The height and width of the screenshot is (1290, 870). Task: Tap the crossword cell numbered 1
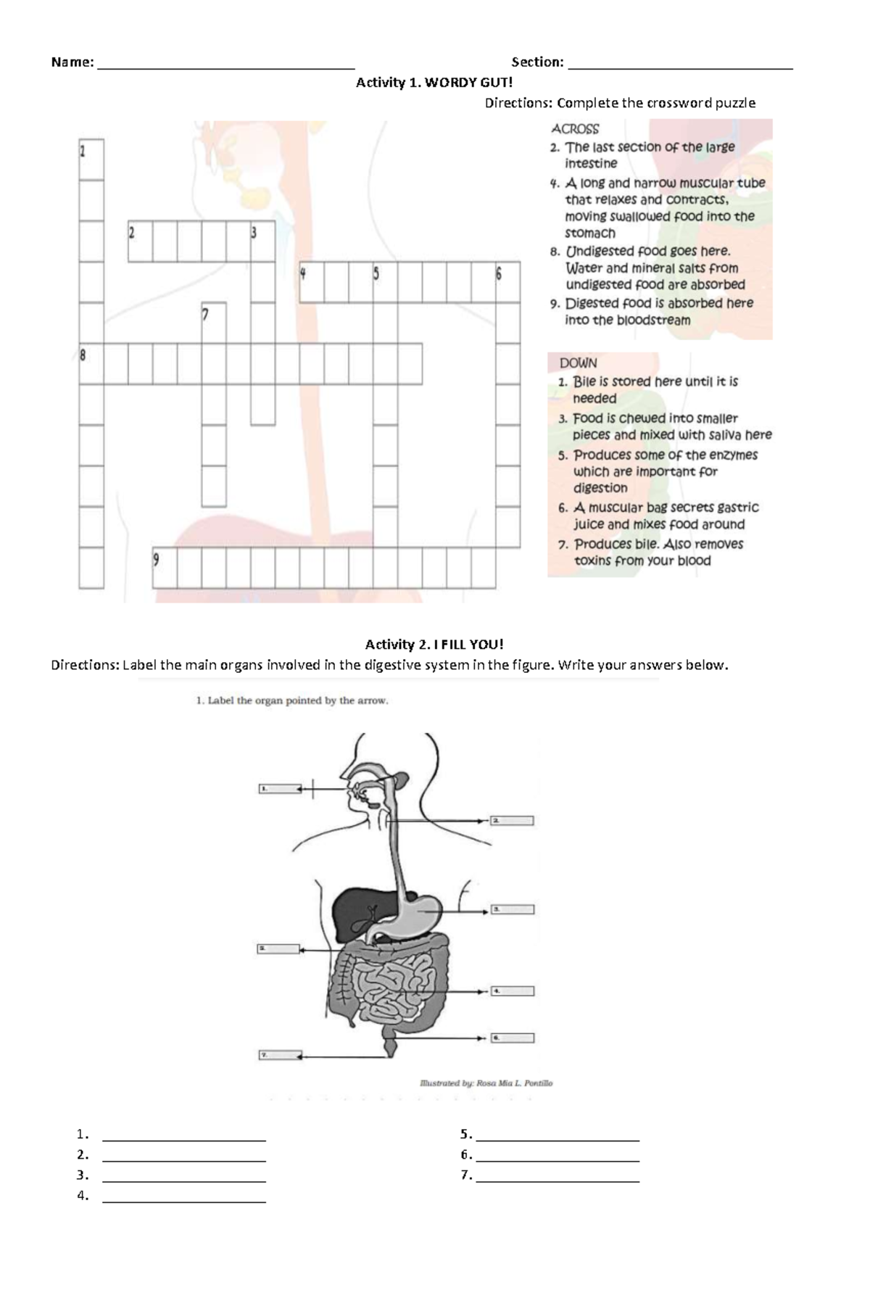pos(91,159)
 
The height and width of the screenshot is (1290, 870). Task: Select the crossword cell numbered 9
pos(165,568)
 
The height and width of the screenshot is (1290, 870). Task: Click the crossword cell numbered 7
pos(214,322)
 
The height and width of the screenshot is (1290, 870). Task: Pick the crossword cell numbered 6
pos(507,282)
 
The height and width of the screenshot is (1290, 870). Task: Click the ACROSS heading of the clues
pos(575,129)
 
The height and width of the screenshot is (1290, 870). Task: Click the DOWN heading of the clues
pos(578,363)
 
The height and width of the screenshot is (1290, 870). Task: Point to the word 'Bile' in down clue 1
pos(584,381)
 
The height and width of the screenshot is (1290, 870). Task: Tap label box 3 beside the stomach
pos(513,909)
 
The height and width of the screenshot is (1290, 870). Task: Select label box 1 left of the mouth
pos(279,788)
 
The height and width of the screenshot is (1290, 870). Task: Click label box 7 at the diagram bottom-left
pos(279,1055)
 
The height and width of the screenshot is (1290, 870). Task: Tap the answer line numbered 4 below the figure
pos(184,1196)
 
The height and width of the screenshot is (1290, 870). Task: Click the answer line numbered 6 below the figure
pos(558,1155)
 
